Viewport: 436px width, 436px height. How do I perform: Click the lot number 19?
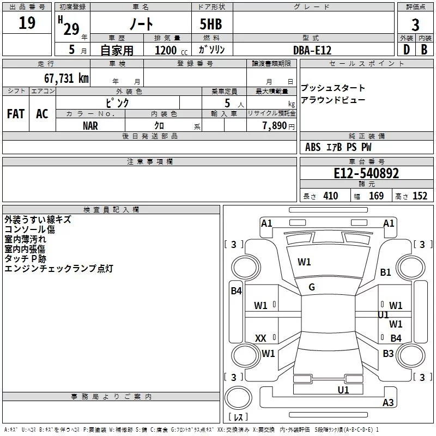(x=27, y=23)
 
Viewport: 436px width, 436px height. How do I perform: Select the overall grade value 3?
(x=415, y=25)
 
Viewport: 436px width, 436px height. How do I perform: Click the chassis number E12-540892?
(x=366, y=173)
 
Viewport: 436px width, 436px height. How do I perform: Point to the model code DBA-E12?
(x=312, y=50)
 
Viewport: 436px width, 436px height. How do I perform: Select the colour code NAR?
(x=90, y=125)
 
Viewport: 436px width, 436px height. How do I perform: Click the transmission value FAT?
(x=15, y=114)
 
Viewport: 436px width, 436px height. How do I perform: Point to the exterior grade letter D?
(x=406, y=50)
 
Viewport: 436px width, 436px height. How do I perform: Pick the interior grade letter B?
(x=423, y=50)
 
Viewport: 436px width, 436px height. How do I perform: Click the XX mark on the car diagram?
(x=261, y=338)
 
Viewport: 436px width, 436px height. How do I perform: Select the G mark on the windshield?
(x=312, y=287)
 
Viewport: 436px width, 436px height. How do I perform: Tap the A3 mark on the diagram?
(x=388, y=403)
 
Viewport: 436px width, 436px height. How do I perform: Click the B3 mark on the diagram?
(x=388, y=354)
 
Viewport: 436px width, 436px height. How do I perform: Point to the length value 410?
(x=330, y=196)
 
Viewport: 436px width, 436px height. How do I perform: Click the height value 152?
(x=420, y=196)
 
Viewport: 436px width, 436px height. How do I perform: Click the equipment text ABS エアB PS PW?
(x=338, y=147)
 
